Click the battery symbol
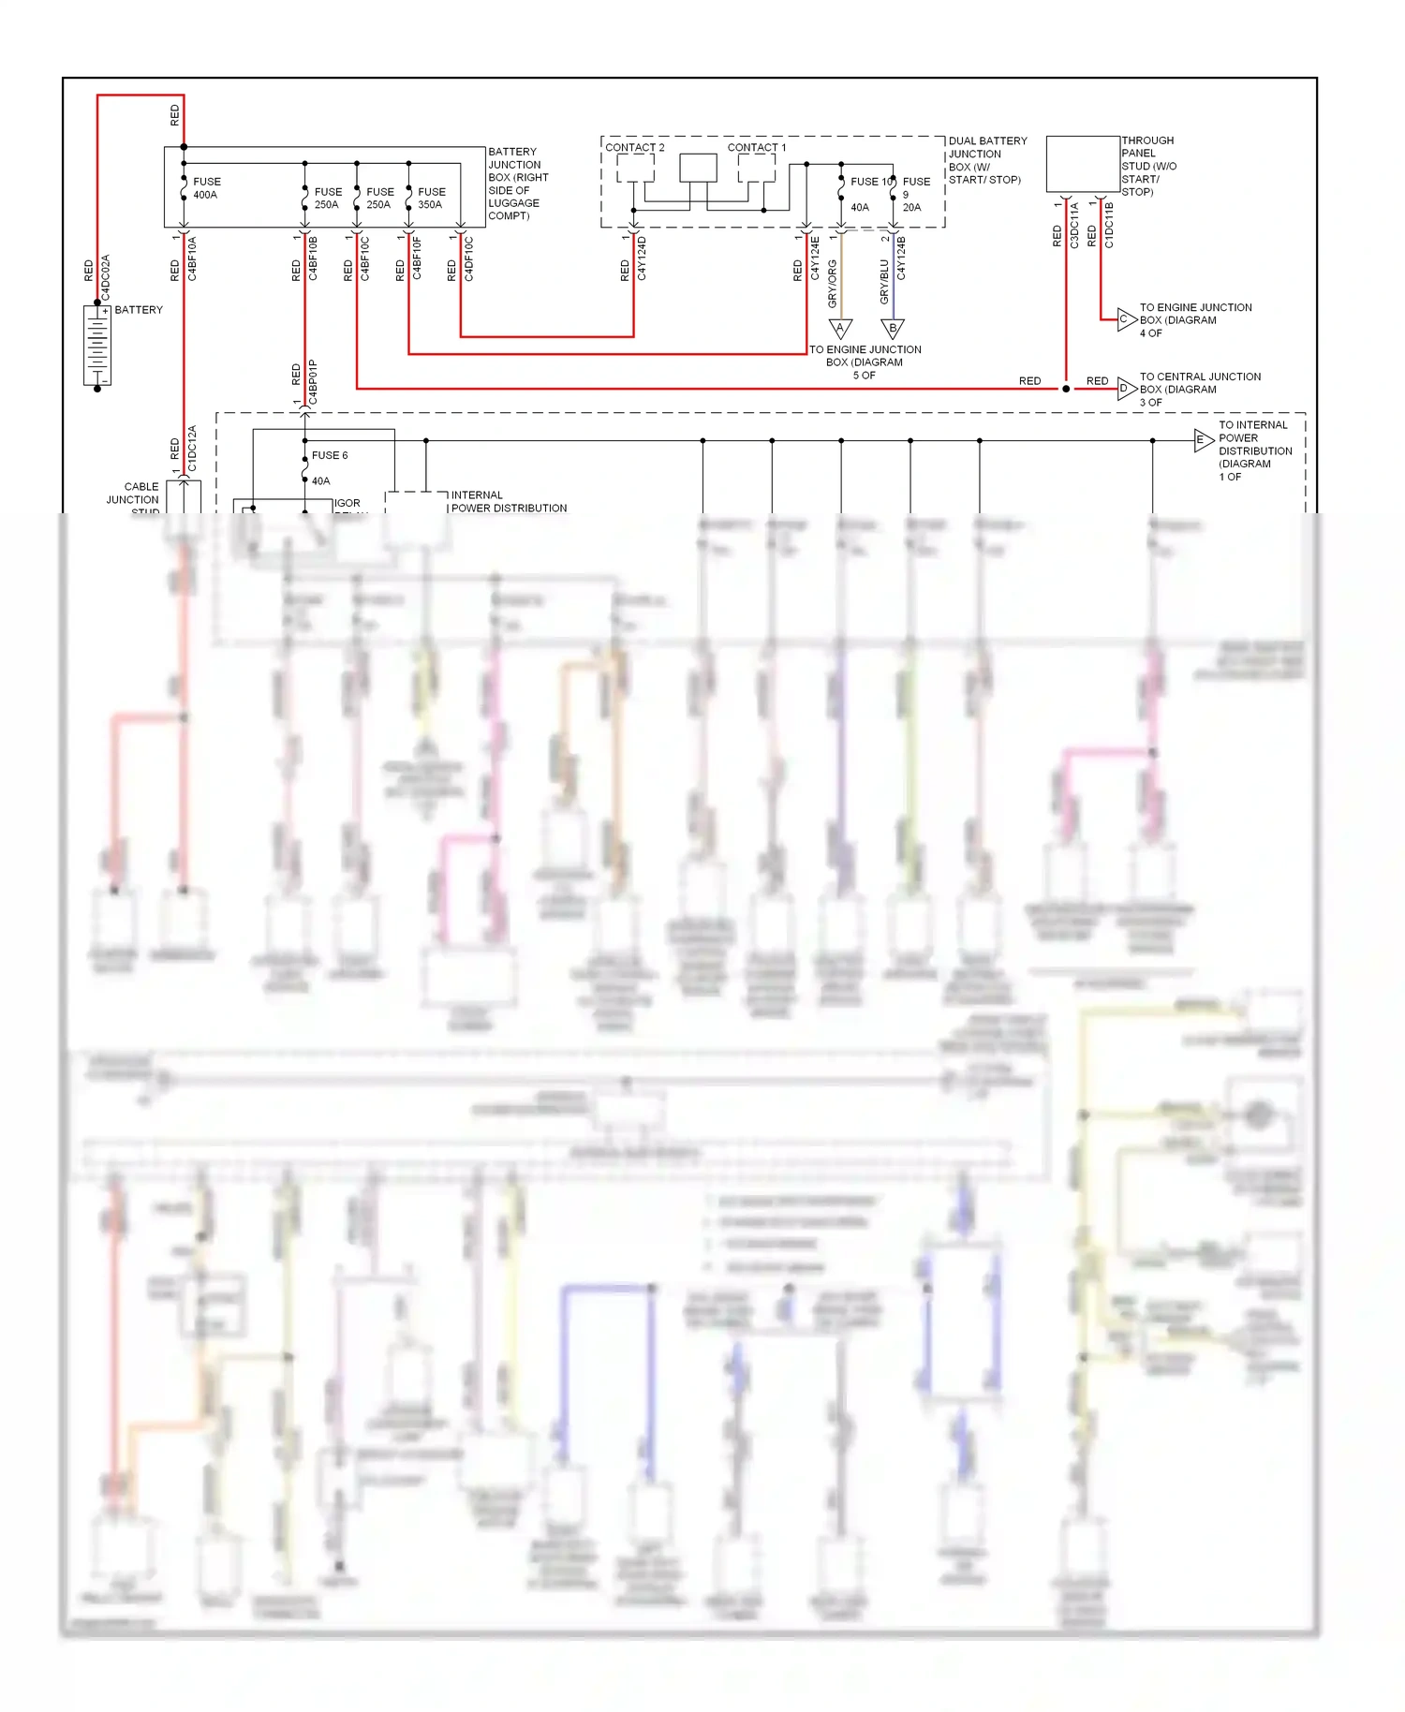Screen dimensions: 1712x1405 point(97,345)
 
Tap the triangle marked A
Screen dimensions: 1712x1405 point(840,328)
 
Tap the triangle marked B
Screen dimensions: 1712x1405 point(893,328)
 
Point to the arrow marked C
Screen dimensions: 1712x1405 point(1127,319)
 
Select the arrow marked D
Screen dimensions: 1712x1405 point(1127,388)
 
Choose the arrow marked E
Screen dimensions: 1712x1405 point(1203,439)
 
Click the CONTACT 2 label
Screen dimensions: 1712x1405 point(634,148)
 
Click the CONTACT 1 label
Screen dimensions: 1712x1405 point(757,148)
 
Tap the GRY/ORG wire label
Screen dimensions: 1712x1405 point(833,284)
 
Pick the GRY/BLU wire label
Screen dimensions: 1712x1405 point(884,282)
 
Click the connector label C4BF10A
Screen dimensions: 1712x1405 point(192,258)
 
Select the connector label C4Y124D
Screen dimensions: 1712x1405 point(642,258)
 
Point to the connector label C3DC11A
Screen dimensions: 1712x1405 point(1074,225)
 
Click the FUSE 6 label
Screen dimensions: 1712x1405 point(330,455)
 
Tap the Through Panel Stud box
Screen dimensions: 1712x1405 point(1083,165)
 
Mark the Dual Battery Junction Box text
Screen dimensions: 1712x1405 point(987,160)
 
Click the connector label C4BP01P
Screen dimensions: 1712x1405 point(313,382)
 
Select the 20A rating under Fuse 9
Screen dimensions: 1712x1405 point(911,208)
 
